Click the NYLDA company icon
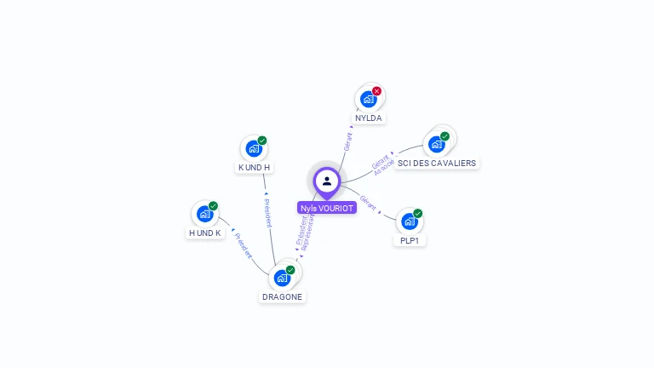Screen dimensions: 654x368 click(369, 99)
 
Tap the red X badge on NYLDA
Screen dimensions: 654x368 click(376, 91)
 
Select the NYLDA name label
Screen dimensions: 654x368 click(369, 118)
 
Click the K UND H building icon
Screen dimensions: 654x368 click(254, 148)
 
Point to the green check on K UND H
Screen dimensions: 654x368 click(262, 141)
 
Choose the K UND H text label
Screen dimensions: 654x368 click(254, 167)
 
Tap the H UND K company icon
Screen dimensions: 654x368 click(205, 214)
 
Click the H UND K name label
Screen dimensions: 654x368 click(205, 233)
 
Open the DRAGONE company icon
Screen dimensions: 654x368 click(282, 278)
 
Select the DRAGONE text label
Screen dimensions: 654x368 click(282, 296)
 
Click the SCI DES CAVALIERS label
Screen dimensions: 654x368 click(437, 163)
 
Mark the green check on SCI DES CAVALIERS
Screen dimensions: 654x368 click(445, 136)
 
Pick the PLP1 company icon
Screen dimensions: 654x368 click(410, 221)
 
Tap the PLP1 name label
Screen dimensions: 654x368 click(410, 240)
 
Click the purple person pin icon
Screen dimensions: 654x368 click(327, 181)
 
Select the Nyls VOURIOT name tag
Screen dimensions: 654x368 click(327, 208)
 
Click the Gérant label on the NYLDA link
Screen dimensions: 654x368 click(347, 141)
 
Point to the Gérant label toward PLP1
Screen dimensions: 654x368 click(368, 203)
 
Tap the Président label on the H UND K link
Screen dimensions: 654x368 click(244, 245)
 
